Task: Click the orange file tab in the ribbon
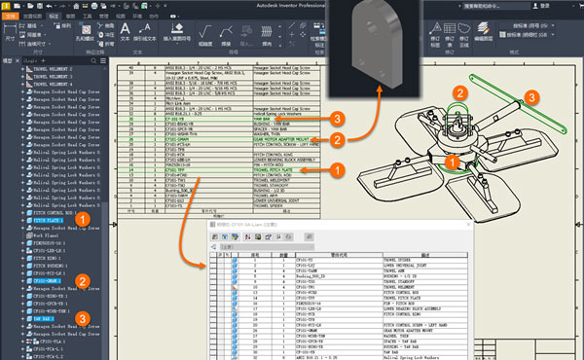coord(13,17)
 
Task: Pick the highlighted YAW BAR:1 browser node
coord(43,317)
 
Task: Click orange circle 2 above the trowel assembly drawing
coord(458,93)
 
